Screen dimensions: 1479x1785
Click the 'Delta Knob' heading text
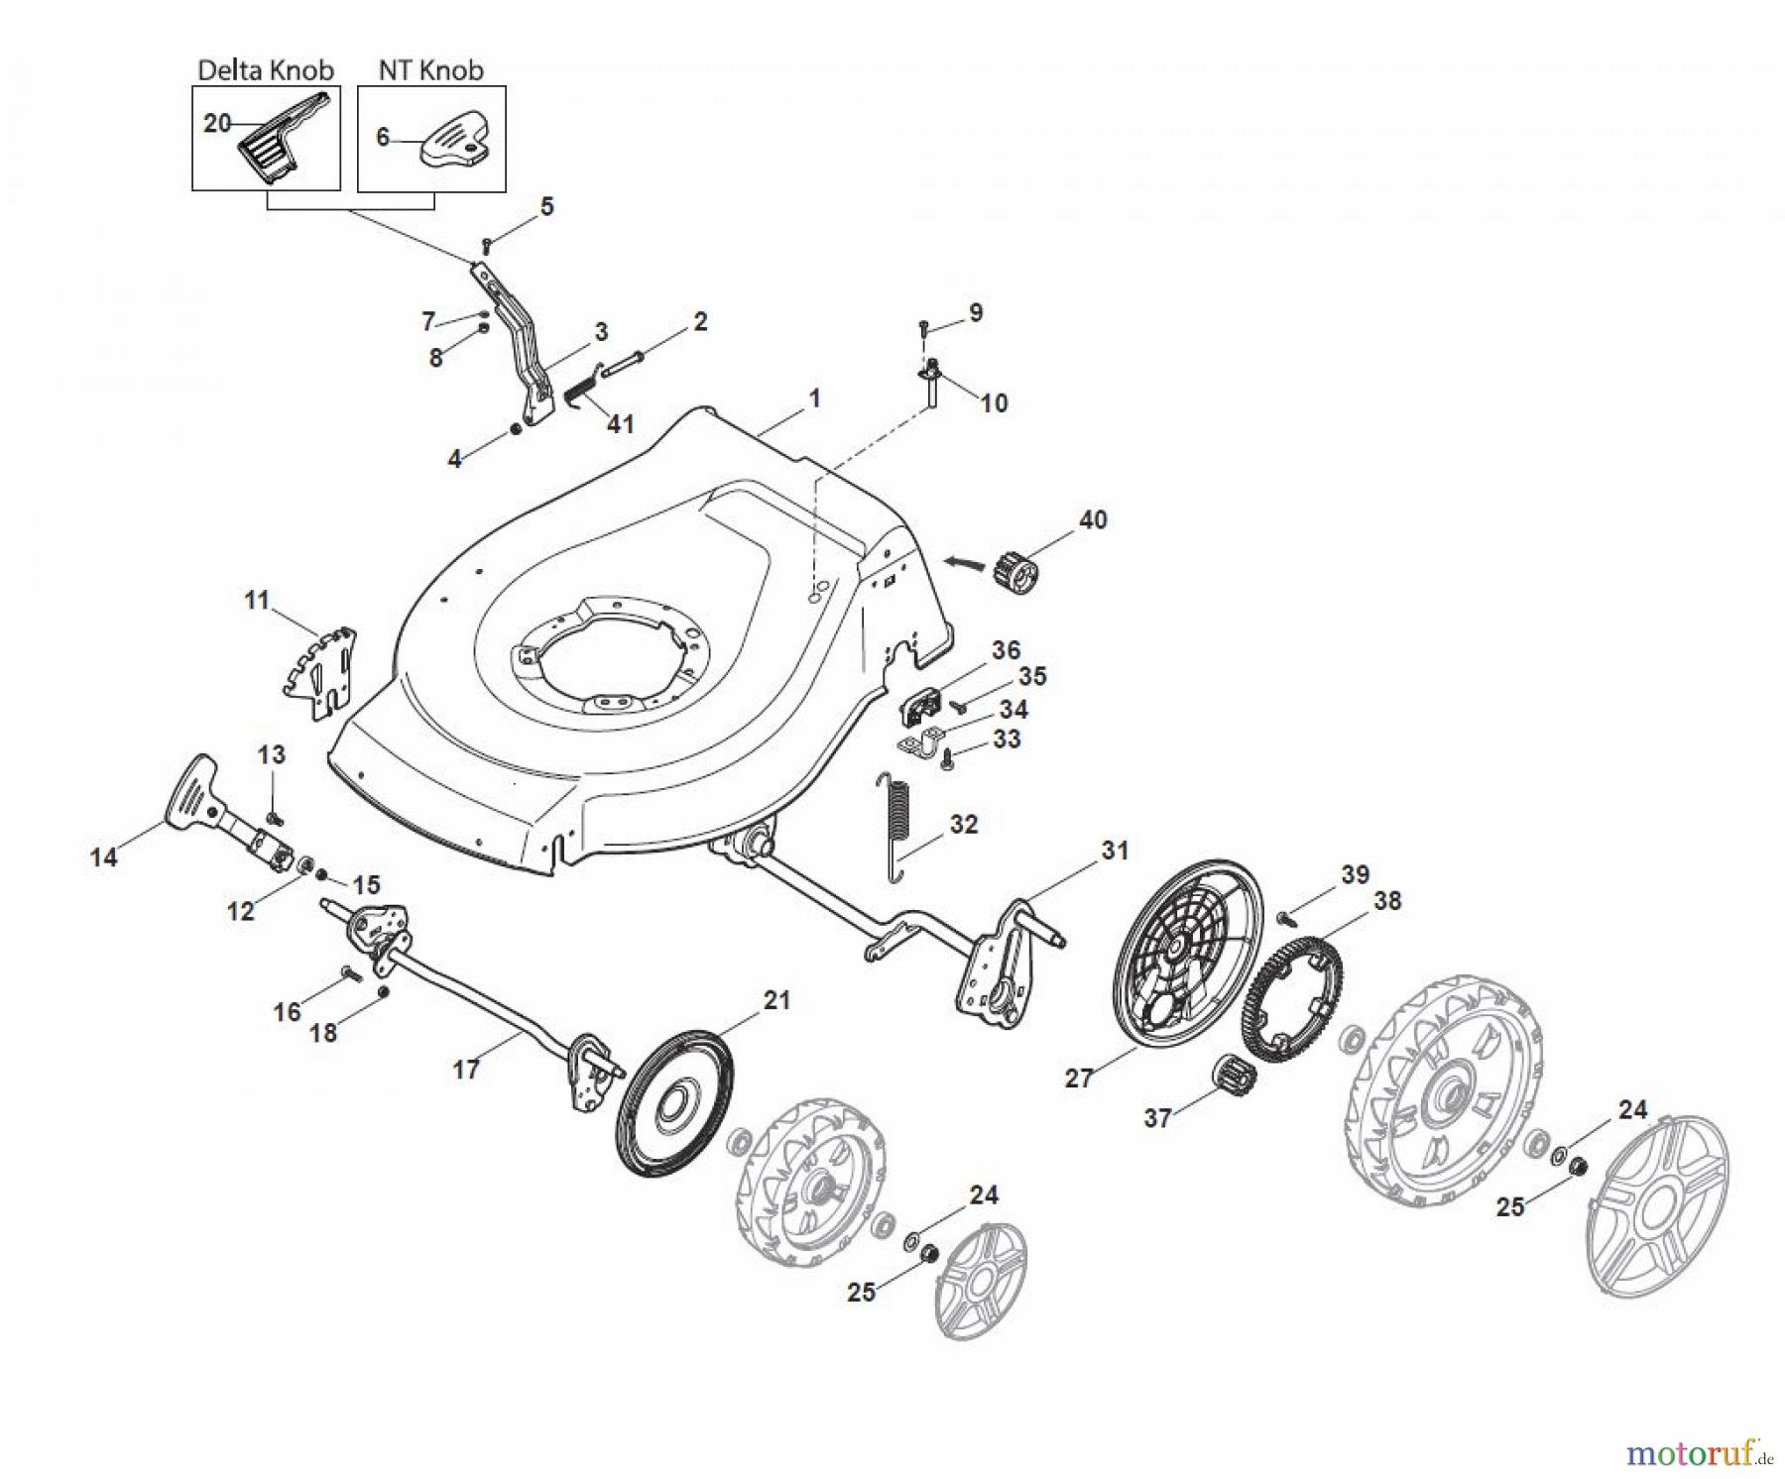pyautogui.click(x=266, y=70)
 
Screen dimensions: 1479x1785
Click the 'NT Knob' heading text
pyautogui.click(x=430, y=70)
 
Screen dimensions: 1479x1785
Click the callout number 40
pyautogui.click(x=1093, y=519)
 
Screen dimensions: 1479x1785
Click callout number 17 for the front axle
pyautogui.click(x=466, y=1070)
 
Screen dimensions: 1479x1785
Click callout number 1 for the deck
pyautogui.click(x=814, y=398)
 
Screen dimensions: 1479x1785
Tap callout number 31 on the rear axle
pyautogui.click(x=1115, y=850)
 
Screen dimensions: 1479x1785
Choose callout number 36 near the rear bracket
pyautogui.click(x=1006, y=650)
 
